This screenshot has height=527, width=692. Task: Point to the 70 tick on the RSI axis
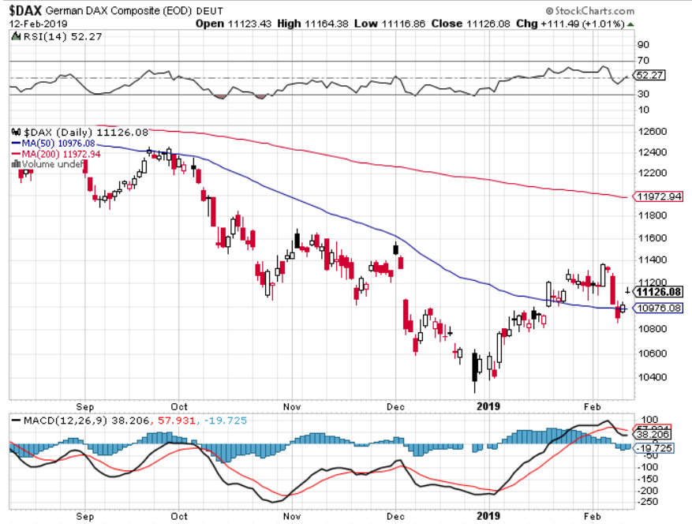coord(643,61)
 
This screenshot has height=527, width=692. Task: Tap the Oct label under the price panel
coord(180,406)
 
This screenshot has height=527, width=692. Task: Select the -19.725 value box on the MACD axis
coord(653,448)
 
